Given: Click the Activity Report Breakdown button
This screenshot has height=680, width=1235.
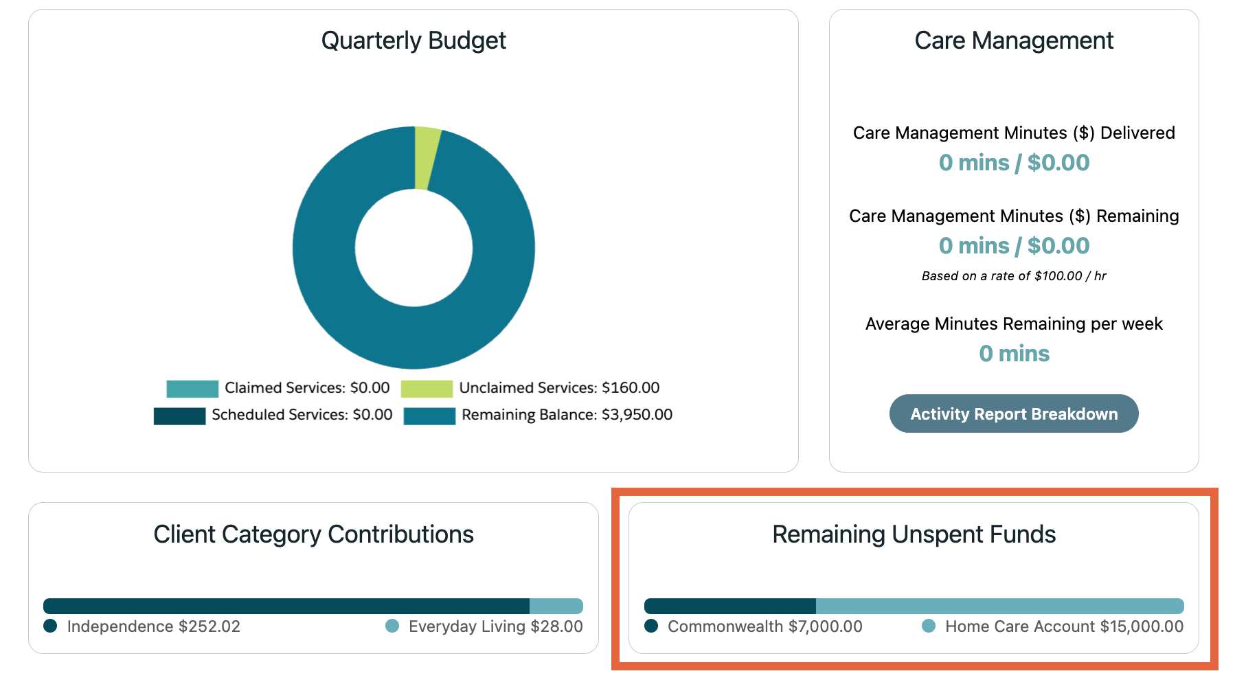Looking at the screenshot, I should coord(1013,413).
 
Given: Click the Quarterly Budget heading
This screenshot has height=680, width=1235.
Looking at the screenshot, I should coord(413,41).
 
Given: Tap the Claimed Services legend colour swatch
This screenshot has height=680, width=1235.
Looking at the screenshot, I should coord(192,389).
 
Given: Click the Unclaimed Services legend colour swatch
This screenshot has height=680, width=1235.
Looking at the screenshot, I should coord(427,389).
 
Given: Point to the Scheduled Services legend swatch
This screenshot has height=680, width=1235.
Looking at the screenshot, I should coord(179,416).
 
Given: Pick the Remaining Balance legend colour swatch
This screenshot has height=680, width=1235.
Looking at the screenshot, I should coord(429,416).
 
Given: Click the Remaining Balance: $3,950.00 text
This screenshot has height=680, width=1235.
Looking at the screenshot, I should coord(567,415).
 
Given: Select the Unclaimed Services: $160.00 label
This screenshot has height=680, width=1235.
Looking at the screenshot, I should coord(559,388).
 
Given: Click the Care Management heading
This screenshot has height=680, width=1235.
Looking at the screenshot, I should coord(1013,41).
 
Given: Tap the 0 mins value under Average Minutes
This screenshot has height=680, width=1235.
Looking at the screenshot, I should coord(1014,354).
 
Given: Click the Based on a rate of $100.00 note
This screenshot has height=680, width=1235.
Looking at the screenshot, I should coord(1013,276).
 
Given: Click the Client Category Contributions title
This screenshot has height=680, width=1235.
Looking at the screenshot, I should coord(313,534).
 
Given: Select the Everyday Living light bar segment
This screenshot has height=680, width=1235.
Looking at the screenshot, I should coord(556,606).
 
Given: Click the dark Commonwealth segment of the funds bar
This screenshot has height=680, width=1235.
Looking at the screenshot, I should coord(729,606).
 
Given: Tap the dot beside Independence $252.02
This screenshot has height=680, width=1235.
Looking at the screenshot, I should coord(50,626).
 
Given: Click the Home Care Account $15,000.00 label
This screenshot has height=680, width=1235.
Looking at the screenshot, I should coord(1064,626).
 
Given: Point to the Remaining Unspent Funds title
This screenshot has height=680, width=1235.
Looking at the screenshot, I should coord(914,534).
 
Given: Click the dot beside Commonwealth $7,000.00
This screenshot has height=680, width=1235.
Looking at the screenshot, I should coord(651,626).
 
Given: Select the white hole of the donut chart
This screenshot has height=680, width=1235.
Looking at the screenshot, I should coord(413,248).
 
